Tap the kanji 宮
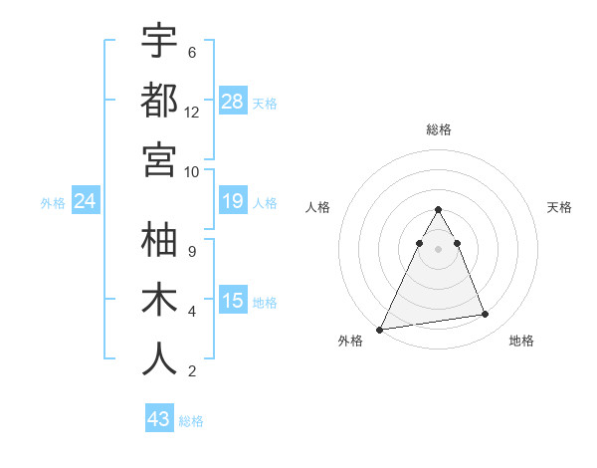[159, 158]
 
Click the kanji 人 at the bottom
[159, 358]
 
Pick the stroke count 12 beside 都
[192, 112]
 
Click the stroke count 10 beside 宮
[192, 171]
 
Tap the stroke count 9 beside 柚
[192, 252]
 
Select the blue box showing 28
[233, 102]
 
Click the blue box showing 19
[233, 202]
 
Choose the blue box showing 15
[233, 302]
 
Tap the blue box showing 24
[86, 202]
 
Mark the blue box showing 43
[159, 419]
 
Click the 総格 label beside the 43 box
[191, 421]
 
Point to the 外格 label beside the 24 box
[53, 203]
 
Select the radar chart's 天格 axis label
[559, 207]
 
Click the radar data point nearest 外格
[380, 329]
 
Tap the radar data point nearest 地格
[486, 315]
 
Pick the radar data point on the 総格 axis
[438, 210]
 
